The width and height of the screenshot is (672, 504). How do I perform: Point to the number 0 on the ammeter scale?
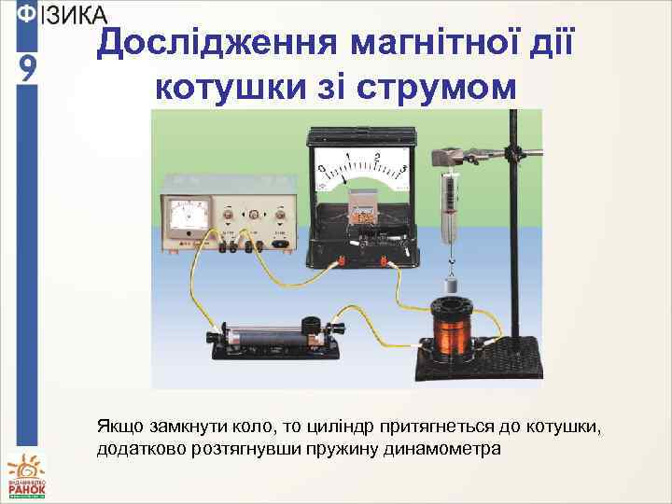coord(320,168)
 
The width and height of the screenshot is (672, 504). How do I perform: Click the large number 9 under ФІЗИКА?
coord(27,69)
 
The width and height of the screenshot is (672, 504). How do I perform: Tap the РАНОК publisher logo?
coord(26,476)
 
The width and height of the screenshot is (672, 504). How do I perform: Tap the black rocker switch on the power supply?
coord(280,245)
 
